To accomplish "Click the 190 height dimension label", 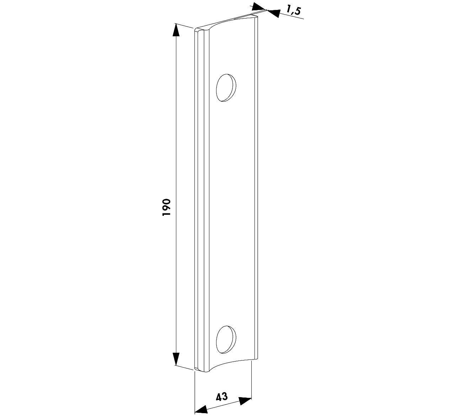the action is pos(166,207).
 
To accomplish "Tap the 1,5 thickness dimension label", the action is pos(293,10).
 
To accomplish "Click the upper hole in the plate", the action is pos(226,87).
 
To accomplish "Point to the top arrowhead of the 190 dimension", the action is pos(176,30).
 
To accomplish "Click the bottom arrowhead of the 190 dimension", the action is pos(176,359).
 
